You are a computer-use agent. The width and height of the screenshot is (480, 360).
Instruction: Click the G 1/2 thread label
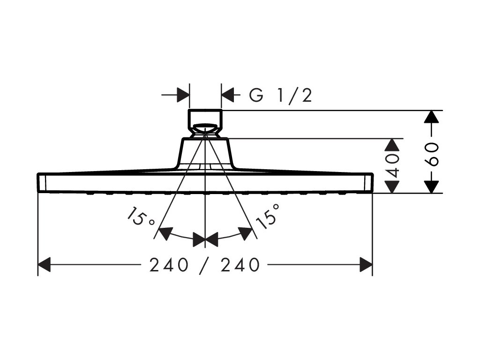280,96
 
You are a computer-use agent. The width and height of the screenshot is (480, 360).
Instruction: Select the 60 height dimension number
433,154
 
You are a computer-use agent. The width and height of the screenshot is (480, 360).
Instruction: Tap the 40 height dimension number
394,164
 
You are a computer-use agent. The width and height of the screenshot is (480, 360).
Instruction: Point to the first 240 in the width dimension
169,266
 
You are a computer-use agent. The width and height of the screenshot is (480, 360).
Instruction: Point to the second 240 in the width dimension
240,266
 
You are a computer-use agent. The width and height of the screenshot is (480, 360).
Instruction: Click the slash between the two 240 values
204,266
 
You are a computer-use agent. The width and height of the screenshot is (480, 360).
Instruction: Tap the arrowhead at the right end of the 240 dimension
366,265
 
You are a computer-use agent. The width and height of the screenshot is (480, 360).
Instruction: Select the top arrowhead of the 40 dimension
394,145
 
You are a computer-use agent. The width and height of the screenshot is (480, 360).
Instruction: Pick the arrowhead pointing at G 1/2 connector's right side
227,96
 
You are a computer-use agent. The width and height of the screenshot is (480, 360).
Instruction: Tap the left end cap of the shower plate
41,182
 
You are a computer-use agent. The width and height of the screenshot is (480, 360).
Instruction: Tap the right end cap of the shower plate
368,182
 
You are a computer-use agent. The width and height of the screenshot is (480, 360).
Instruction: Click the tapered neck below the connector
205,152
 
